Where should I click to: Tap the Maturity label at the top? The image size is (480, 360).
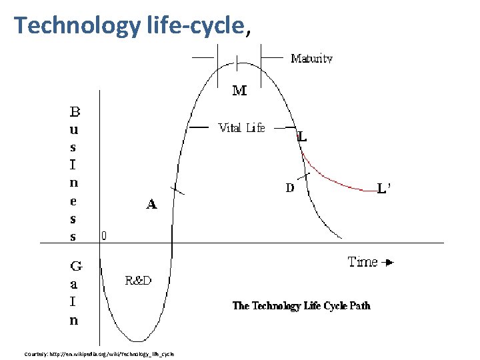click(311, 59)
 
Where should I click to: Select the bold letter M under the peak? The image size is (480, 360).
click(239, 91)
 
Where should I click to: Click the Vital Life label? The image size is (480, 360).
click(241, 128)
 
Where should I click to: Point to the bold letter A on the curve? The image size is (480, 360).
click(151, 205)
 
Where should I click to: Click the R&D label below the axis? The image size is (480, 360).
click(138, 281)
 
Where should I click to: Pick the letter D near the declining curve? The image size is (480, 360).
click(290, 188)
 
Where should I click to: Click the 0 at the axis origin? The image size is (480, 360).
click(104, 235)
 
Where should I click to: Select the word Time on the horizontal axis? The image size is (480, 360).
click(363, 262)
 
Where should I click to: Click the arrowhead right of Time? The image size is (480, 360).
click(389, 263)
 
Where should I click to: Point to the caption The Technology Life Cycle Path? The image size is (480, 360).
click(301, 306)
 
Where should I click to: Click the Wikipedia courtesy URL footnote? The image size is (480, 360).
click(99, 354)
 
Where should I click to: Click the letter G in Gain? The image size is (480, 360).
click(75, 267)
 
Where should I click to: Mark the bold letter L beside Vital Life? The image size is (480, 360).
click(302, 137)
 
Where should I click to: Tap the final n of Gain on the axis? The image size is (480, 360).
click(74, 320)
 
